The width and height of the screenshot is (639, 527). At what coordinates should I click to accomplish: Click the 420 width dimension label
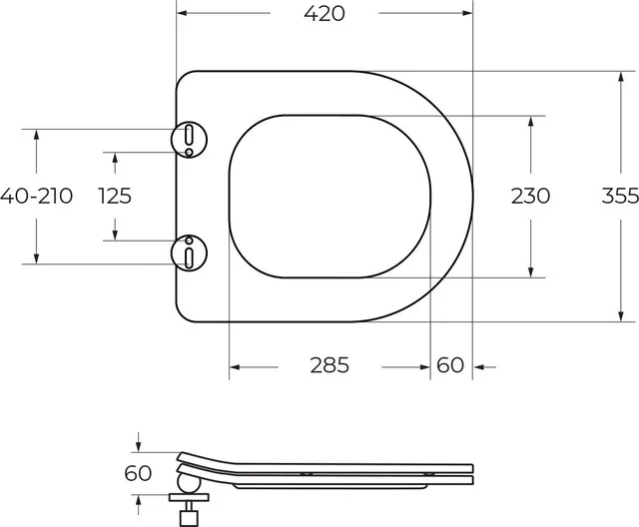click(x=324, y=13)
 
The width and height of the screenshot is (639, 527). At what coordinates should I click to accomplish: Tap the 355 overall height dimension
click(x=620, y=196)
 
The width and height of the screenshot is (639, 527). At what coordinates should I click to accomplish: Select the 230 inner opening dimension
click(x=530, y=196)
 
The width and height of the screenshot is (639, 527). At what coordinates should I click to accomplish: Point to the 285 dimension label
click(x=329, y=365)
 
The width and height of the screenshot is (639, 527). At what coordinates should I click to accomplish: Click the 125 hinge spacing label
click(x=115, y=196)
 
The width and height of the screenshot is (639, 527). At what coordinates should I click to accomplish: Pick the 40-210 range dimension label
click(x=36, y=196)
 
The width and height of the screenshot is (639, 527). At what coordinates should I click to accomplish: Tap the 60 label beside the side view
click(x=138, y=473)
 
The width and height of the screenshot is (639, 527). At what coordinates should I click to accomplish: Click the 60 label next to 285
click(x=450, y=365)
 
